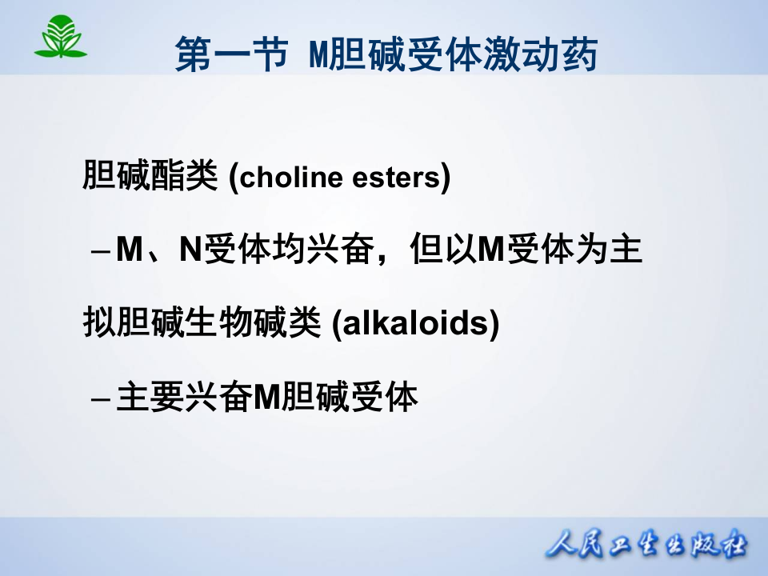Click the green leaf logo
click(x=60, y=38)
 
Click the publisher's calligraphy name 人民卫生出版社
click(x=646, y=546)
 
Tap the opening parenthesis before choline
click(x=233, y=178)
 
